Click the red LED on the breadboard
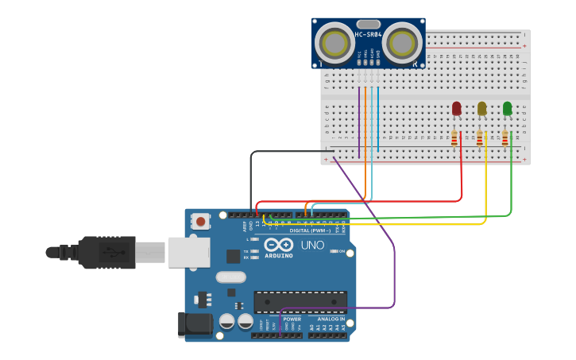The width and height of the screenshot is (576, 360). coord(457,108)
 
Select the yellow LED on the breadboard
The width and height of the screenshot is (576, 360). coord(481,108)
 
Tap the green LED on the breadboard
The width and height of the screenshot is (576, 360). coord(507,108)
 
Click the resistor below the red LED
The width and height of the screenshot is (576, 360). coord(454,139)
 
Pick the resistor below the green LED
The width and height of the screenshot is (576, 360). coord(504,139)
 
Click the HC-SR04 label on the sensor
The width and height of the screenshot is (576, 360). coord(368,34)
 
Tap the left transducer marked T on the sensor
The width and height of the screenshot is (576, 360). coord(335,42)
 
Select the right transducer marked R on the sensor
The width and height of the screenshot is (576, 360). coord(403,41)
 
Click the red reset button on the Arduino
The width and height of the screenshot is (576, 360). coord(201,222)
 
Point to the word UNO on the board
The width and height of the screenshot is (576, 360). coord(312,245)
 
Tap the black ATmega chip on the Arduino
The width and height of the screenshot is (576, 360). coord(300,302)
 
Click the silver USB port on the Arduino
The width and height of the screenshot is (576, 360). coord(189,252)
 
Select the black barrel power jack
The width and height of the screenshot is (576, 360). coord(196,323)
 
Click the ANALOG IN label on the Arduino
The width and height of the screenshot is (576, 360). coord(331,319)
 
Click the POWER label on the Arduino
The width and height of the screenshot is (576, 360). coord(292,319)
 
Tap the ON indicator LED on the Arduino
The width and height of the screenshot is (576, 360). coord(334,251)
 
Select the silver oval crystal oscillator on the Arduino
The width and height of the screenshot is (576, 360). coord(231,277)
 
